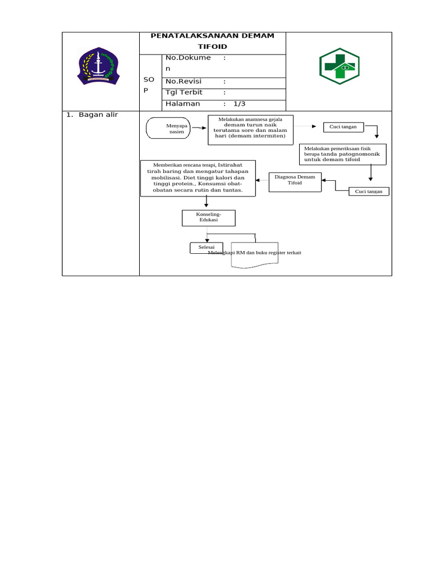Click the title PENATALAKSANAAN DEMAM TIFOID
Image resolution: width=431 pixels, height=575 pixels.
213,41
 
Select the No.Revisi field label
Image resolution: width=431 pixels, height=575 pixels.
183,81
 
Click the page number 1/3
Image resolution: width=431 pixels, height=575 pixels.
240,104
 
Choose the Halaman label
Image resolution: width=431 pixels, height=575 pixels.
182,104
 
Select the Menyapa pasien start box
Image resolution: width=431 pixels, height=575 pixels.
168,129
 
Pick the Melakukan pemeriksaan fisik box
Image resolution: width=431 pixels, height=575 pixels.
342,154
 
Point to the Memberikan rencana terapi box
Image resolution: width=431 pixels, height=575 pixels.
198,178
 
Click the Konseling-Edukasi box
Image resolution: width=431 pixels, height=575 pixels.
208,218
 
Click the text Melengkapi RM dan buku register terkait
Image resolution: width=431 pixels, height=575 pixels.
255,253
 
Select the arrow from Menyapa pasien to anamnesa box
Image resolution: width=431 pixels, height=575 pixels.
199,129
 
